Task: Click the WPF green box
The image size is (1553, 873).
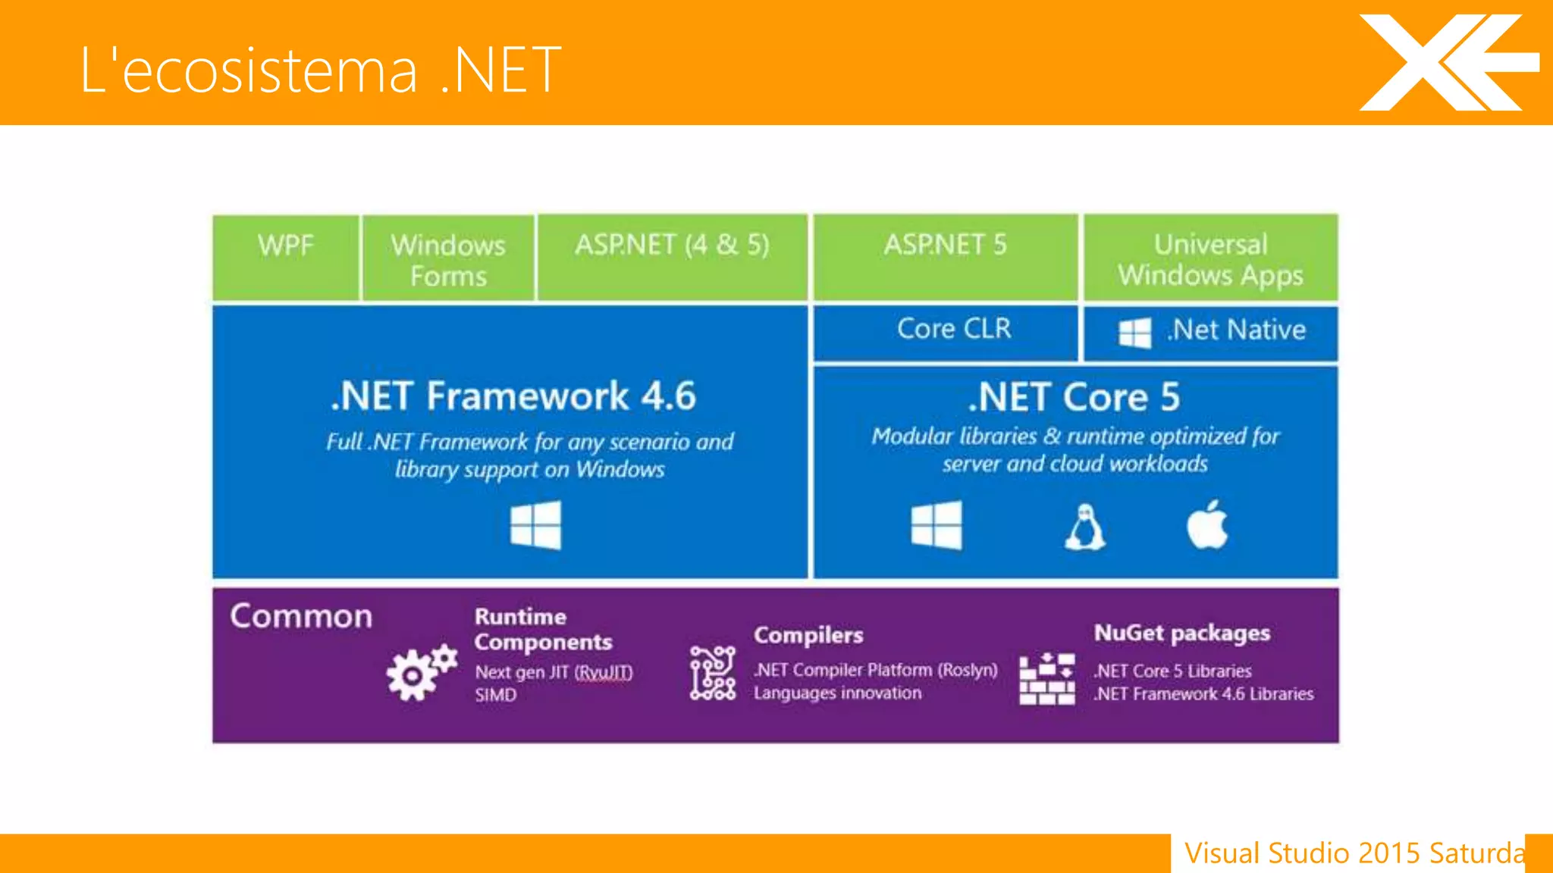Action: [x=286, y=258]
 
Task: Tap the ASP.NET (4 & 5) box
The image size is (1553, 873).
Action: [x=672, y=258]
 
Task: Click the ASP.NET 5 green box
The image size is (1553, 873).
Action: [x=945, y=258]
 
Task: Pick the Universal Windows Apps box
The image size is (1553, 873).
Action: [x=1210, y=258]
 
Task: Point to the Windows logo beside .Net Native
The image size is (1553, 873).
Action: [x=1135, y=333]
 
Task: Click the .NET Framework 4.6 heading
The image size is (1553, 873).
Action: [x=513, y=396]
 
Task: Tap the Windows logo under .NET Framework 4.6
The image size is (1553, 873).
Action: [x=535, y=525]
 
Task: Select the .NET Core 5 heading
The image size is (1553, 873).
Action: [x=1075, y=398]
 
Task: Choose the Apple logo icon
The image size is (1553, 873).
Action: [x=1206, y=525]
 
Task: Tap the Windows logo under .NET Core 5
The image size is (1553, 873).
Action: [x=937, y=525]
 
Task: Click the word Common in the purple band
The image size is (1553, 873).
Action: [x=301, y=616]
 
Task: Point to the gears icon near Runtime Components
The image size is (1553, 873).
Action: [x=421, y=672]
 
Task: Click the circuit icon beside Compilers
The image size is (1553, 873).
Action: [x=712, y=673]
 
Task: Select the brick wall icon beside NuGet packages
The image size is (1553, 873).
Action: [x=1046, y=679]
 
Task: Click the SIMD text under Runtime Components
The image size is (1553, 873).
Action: [x=496, y=696]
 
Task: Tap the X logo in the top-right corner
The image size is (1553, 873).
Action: [x=1445, y=63]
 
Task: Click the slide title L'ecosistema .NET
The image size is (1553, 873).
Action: [x=320, y=70]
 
